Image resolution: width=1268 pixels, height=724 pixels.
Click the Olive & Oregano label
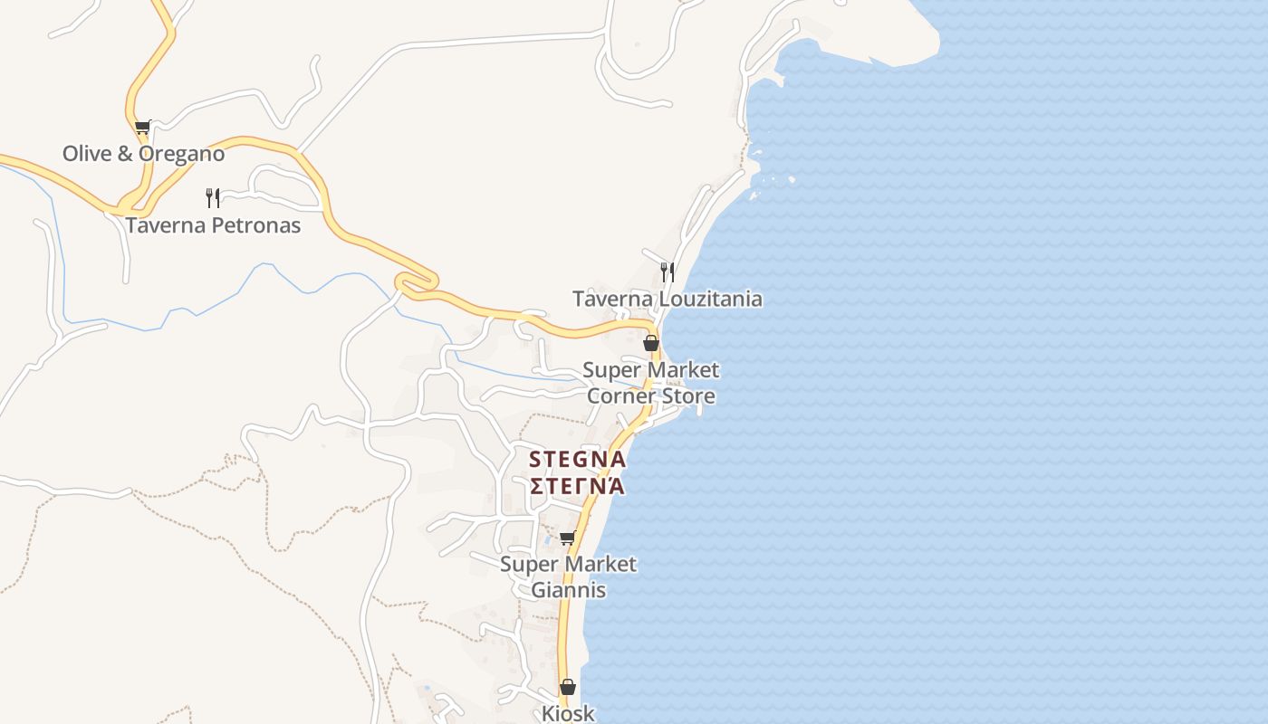(143, 154)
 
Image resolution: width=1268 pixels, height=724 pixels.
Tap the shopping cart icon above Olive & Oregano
(142, 127)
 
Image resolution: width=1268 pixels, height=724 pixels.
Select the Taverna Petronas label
(213, 225)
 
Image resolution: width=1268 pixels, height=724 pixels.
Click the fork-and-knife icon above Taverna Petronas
(213, 197)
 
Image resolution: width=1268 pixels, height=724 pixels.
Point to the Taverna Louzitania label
(667, 299)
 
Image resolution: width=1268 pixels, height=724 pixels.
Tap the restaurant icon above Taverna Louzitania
(667, 271)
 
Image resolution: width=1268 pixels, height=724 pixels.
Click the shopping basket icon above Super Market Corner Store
(650, 343)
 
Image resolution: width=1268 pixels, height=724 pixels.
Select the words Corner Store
(650, 396)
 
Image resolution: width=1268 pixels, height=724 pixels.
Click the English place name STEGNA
(577, 460)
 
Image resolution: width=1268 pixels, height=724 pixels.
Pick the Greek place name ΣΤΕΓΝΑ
(577, 486)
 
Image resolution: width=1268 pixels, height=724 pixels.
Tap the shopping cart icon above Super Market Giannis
(568, 538)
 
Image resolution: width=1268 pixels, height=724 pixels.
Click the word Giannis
(568, 590)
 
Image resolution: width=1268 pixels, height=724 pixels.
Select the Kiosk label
(568, 713)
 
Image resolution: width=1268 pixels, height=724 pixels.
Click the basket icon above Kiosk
(568, 688)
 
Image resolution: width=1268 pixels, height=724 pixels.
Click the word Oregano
(183, 154)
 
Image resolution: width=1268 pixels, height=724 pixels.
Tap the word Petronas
(255, 225)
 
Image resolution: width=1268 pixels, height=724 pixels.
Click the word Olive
(87, 154)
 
